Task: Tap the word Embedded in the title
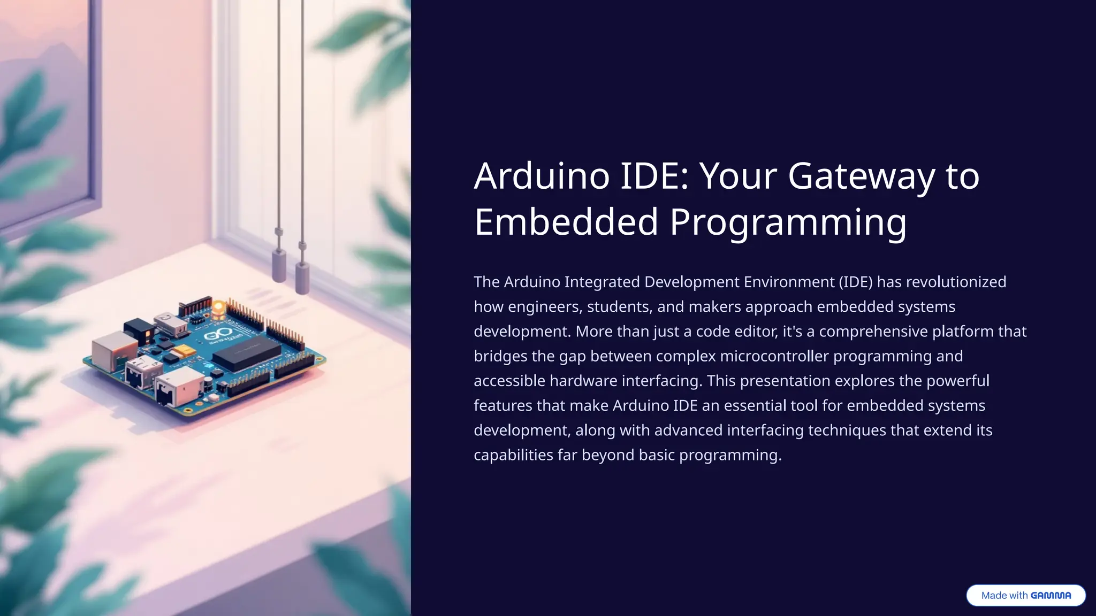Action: pos(566,222)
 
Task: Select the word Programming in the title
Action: pos(788,223)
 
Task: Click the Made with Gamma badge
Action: pos(1025,595)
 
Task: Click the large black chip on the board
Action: pos(247,352)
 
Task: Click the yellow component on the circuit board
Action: pos(183,351)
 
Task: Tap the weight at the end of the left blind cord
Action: pos(279,265)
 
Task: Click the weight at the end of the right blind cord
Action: pos(302,278)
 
